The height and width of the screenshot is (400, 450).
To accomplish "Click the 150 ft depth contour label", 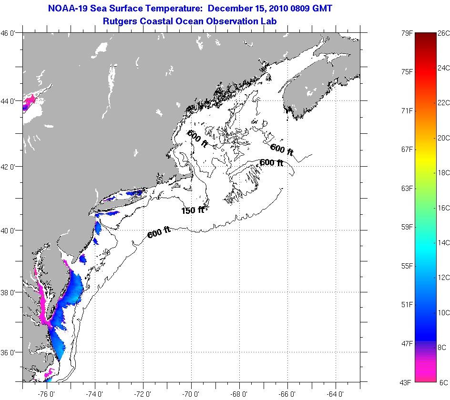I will [193, 210].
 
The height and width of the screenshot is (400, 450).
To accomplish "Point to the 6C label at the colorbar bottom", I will [443, 382].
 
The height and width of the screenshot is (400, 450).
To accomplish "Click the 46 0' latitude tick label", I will [10, 33].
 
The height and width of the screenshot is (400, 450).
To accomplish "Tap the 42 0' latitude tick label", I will [10, 167].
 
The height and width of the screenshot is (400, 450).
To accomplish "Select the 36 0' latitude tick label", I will [10, 353].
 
